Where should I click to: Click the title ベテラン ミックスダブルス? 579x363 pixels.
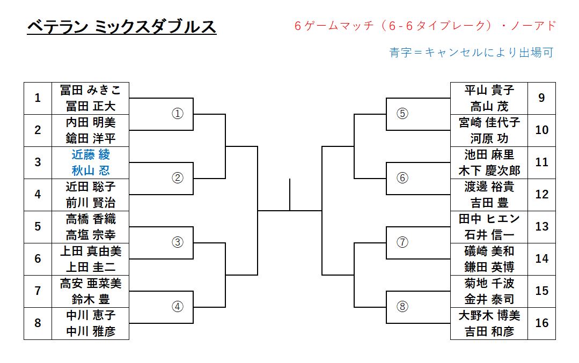tap(121, 26)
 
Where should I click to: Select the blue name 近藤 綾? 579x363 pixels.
tap(91, 154)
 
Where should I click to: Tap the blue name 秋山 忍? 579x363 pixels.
tap(91, 171)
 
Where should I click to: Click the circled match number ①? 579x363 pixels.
tap(178, 114)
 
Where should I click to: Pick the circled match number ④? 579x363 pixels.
tap(178, 307)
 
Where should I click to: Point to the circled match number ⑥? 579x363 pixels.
tap(402, 178)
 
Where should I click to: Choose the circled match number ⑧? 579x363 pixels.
tap(402, 307)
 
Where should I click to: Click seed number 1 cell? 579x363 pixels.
tap(38, 98)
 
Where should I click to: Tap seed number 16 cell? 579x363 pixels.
tap(542, 323)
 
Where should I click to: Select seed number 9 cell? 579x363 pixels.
tap(542, 98)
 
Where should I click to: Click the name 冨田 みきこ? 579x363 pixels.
tap(91, 90)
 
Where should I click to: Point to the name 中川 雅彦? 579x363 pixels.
tap(91, 331)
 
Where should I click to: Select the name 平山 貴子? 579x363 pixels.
tap(489, 90)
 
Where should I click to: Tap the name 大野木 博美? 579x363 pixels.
tap(489, 315)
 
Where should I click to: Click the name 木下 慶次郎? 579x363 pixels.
tap(489, 171)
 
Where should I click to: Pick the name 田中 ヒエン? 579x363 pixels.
tap(489, 219)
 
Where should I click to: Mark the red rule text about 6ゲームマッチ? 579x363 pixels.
tap(425, 26)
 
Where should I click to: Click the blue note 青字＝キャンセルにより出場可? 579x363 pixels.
tap(471, 53)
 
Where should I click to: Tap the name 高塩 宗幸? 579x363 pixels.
tap(91, 235)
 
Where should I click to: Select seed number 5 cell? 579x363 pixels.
tap(38, 227)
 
